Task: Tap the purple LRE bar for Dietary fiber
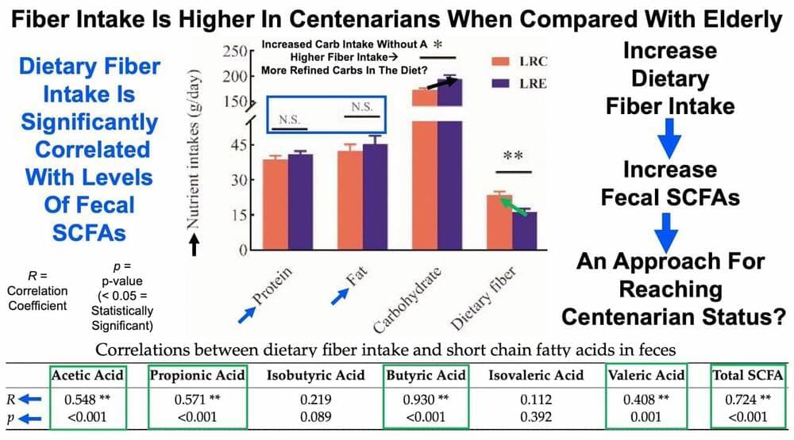[525, 230]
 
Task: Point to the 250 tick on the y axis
[233, 52]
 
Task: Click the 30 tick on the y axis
[234, 179]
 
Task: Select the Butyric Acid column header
[424, 374]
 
